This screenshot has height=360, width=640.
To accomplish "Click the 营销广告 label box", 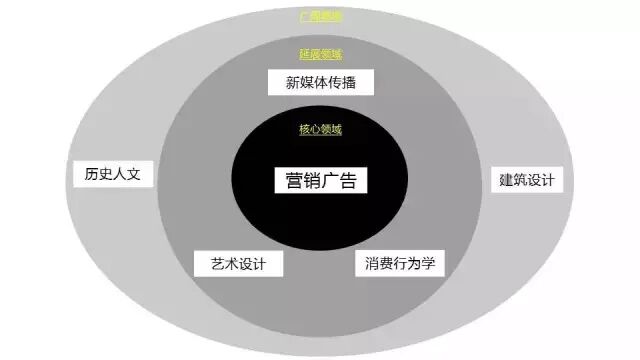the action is [320, 181].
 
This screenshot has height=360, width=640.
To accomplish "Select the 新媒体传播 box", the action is [321, 83].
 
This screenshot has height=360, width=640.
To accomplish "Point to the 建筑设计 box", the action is [525, 181].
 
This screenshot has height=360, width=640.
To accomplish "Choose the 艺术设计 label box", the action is [238, 264].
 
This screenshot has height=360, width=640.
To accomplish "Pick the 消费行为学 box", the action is [399, 264].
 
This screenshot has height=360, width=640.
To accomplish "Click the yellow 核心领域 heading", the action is [320, 130].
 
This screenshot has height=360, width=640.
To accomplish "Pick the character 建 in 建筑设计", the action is [505, 181].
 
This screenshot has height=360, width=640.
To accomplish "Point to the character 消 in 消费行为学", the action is [372, 264].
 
